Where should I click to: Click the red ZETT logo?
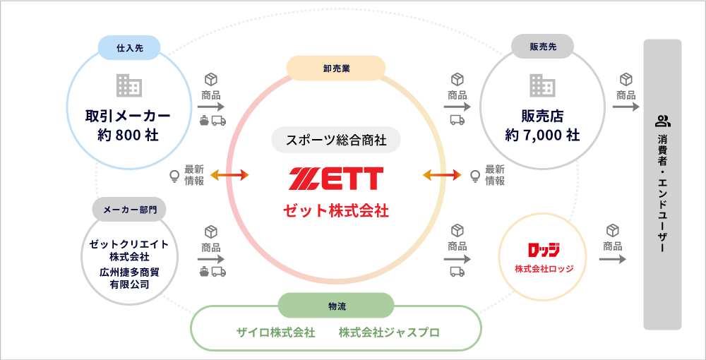[x=336, y=179]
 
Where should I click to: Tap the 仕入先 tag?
[x=129, y=48]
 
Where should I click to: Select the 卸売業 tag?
[x=336, y=68]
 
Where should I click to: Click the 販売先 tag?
[x=542, y=48]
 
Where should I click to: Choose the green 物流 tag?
[x=336, y=306]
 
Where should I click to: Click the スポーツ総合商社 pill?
[x=336, y=140]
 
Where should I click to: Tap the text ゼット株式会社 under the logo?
[x=336, y=211]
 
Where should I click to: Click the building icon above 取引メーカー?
[x=129, y=85]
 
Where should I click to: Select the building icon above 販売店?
[x=542, y=85]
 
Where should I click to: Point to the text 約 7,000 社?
[x=542, y=134]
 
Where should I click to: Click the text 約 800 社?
[x=129, y=134]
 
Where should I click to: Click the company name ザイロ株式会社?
[x=275, y=332]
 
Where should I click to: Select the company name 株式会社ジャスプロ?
[x=389, y=332]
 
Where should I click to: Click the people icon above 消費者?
[x=662, y=121]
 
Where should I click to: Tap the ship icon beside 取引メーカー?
[x=205, y=120]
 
